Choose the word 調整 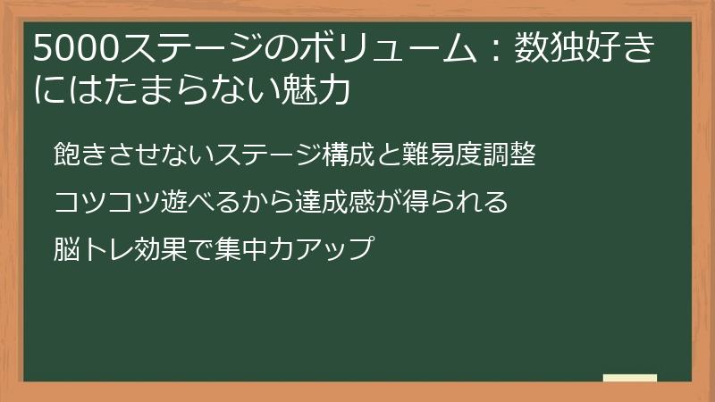pyautogui.click(x=509, y=155)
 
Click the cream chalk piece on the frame pyautogui.click(x=629, y=379)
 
